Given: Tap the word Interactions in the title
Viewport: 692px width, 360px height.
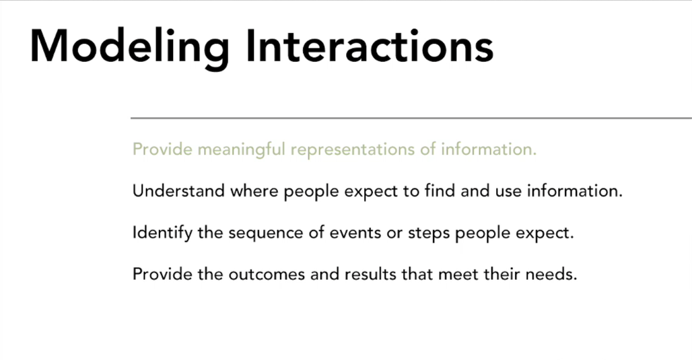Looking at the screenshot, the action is [370, 46].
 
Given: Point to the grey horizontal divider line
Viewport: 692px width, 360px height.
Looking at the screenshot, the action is [411, 118].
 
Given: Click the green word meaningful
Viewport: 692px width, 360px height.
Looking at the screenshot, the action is [242, 150].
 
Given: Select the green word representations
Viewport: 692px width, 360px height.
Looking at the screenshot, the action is [353, 150].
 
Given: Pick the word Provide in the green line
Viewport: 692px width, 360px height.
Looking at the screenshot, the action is [162, 149].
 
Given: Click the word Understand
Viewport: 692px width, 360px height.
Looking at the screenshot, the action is [179, 191].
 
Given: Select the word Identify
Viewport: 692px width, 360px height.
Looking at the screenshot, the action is [162, 233].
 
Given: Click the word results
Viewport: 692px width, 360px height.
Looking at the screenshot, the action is [371, 275].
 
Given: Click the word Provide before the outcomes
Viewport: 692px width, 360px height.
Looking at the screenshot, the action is [162, 275].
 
